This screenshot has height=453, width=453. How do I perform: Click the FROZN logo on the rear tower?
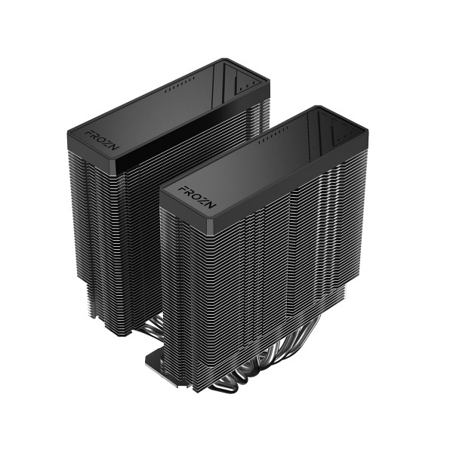(x=97, y=139)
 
